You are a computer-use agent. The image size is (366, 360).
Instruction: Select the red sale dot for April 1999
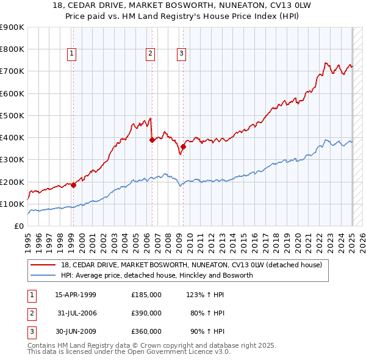click(x=73, y=185)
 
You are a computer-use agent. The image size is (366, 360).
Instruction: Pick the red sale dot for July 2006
click(x=152, y=140)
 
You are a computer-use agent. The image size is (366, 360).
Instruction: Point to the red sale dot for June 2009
click(x=183, y=146)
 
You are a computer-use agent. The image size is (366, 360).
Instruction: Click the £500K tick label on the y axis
click(x=12, y=115)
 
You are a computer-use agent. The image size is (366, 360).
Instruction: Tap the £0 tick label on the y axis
click(x=18, y=226)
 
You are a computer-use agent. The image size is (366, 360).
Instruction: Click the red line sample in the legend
click(x=44, y=265)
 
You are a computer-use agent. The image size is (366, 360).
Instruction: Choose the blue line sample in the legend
click(x=44, y=275)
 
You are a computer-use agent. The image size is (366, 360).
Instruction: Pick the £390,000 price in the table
click(x=146, y=313)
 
